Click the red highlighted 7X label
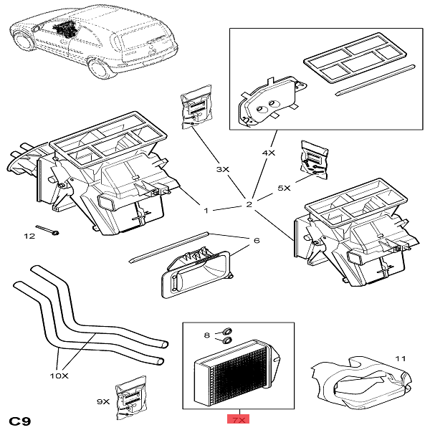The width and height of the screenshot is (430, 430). click(238, 419)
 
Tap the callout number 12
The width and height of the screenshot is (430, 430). click(29, 236)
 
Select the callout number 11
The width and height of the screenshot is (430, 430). click(400, 357)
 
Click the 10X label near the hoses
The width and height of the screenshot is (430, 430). click(59, 376)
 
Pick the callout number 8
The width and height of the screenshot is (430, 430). click(207, 335)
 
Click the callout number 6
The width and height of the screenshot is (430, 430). click(255, 241)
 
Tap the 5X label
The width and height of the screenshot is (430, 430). click(284, 188)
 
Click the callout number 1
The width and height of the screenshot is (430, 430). click(206, 211)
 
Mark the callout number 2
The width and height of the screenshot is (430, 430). click(249, 206)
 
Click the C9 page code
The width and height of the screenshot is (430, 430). click(20, 419)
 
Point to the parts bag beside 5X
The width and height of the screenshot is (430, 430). click(314, 158)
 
